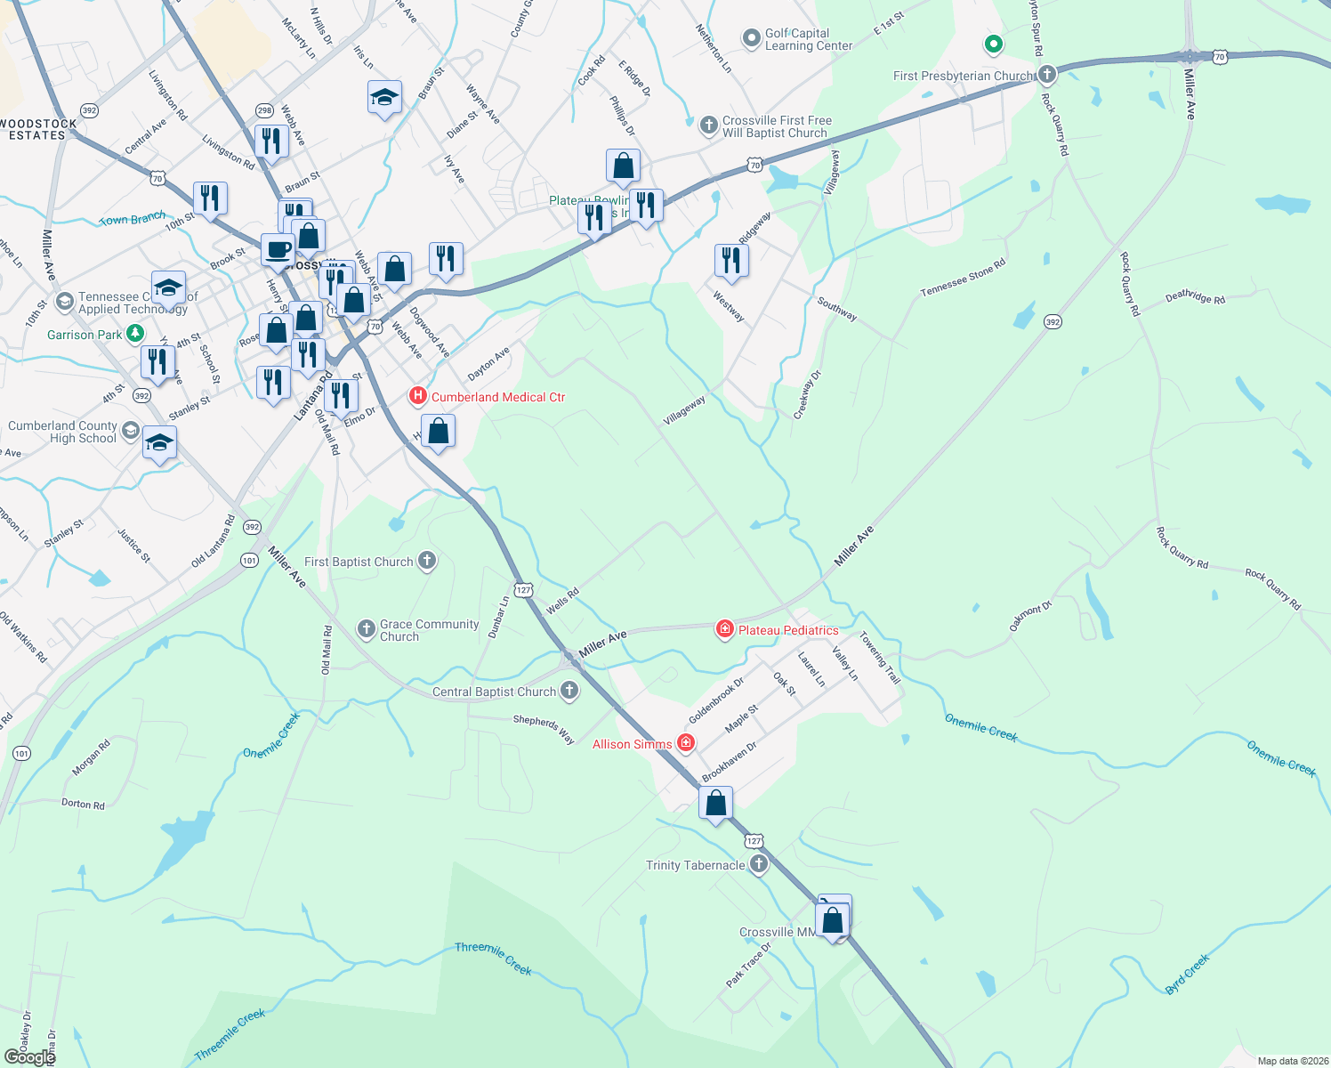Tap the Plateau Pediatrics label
tap(788, 630)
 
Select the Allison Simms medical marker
tap(685, 743)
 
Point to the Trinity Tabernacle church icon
tap(758, 864)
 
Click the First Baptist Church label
tap(359, 562)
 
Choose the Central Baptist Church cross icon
tap(569, 691)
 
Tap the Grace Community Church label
tap(429, 630)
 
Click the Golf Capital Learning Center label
tap(808, 39)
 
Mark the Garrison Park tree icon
tap(134, 334)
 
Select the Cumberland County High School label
tap(62, 432)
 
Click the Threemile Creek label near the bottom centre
tap(493, 959)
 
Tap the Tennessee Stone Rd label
tap(963, 278)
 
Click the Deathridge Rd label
tap(1195, 297)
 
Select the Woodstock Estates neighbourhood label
tap(38, 129)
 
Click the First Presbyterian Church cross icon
tap(1047, 74)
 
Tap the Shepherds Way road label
tap(544, 729)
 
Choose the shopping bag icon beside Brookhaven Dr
tap(716, 803)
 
